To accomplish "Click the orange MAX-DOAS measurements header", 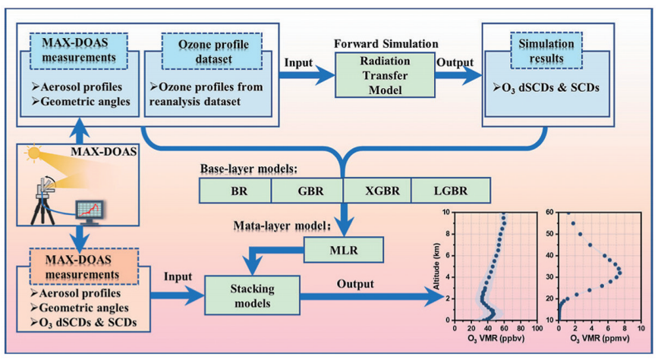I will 77,261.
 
